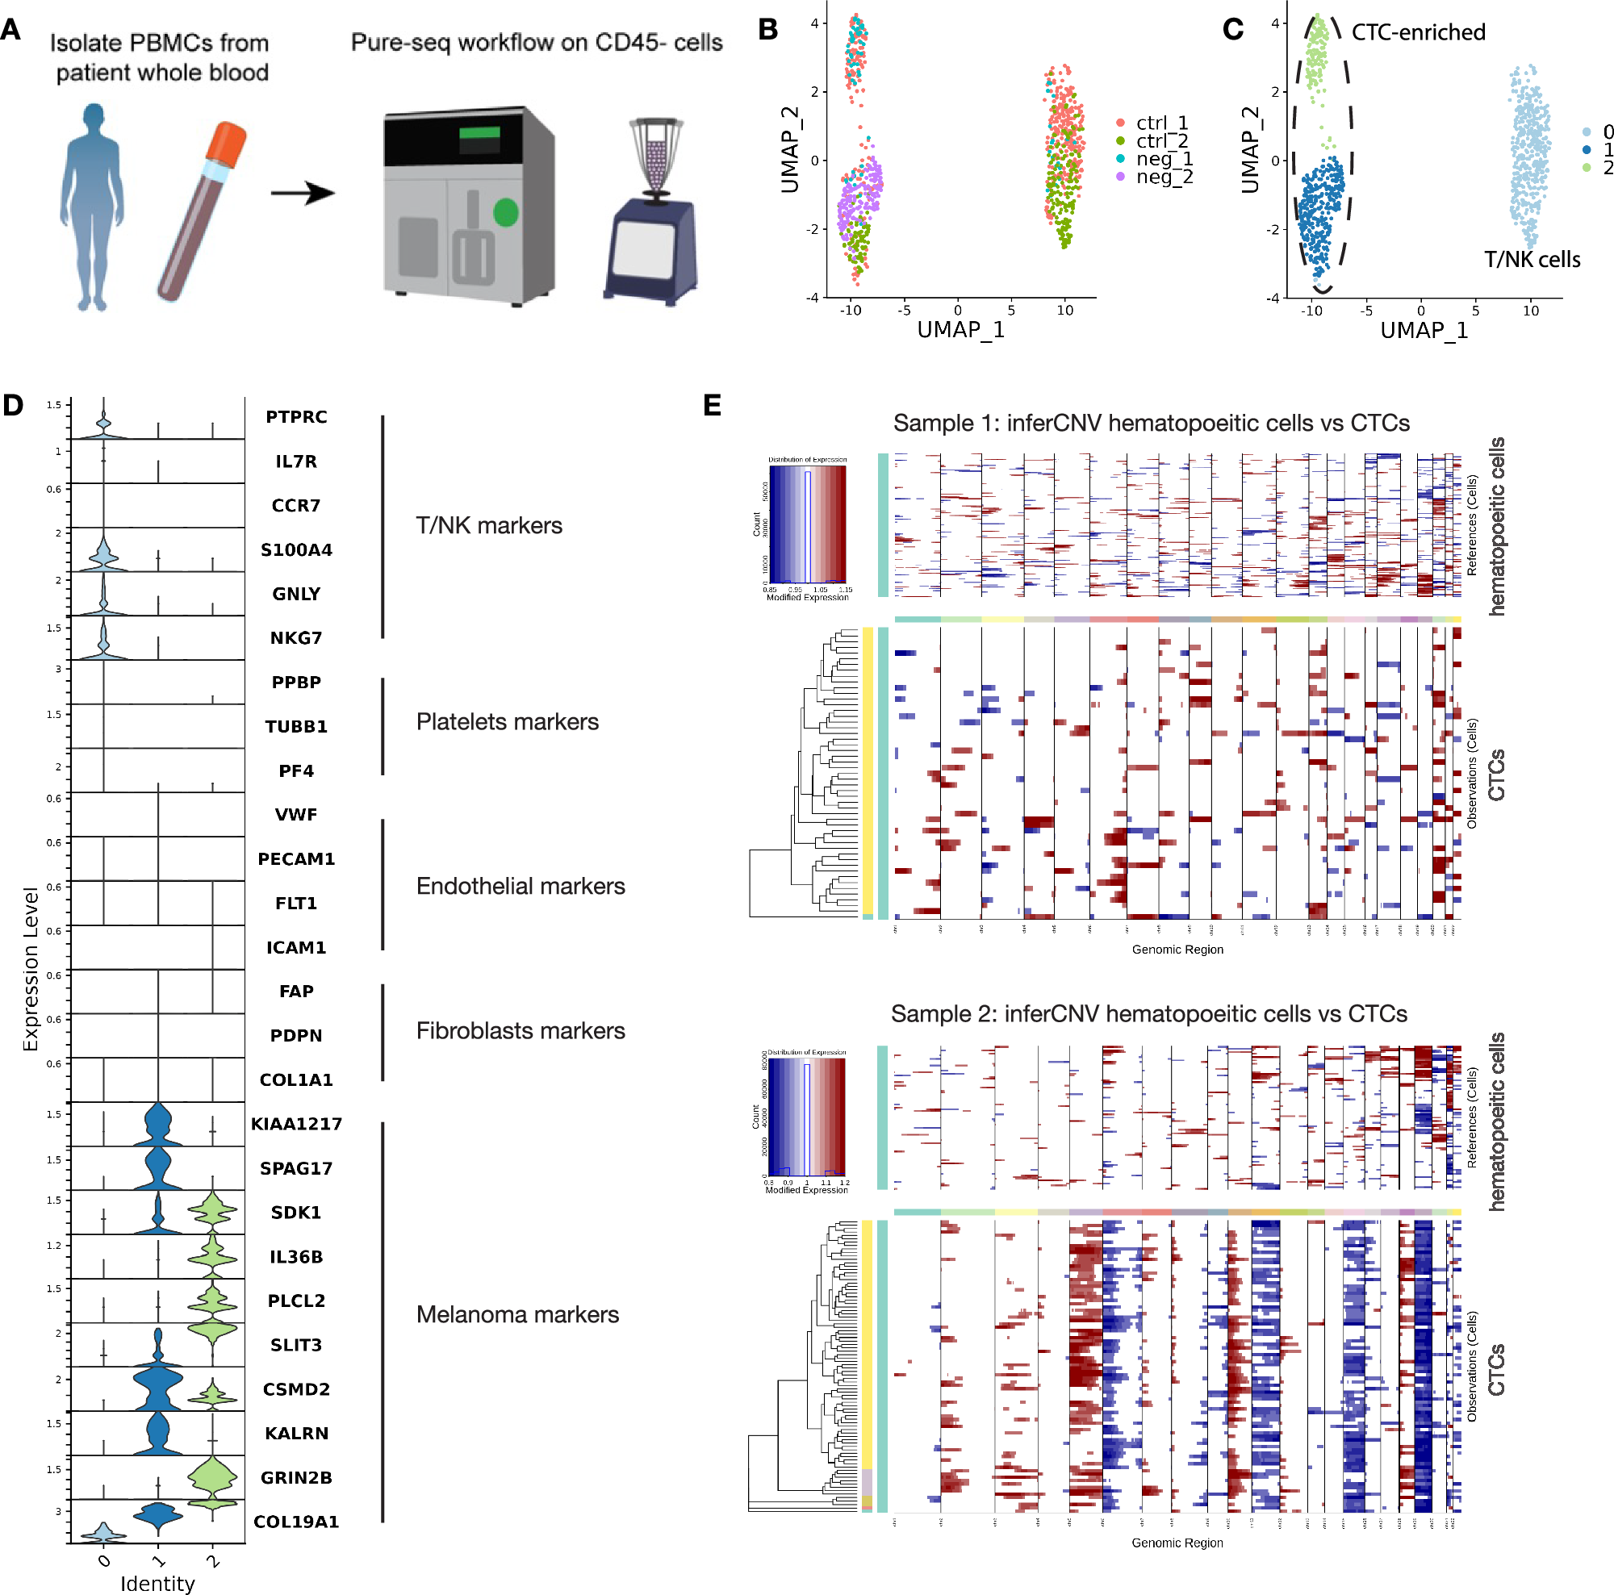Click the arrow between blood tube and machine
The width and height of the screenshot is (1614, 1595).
tap(303, 194)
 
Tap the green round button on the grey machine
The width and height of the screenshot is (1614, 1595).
tap(505, 212)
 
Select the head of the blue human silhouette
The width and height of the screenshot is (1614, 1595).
tap(94, 116)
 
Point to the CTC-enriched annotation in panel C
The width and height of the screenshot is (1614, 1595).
tap(1418, 32)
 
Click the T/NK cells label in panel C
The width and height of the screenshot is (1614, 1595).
tap(1532, 260)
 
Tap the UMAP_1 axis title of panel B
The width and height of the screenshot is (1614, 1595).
tap(960, 330)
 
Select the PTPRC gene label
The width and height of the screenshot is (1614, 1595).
tap(295, 417)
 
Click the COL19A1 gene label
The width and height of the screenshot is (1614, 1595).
tap(295, 1522)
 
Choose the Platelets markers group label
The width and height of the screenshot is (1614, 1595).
tap(507, 721)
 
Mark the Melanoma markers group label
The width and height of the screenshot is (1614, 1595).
tap(517, 1314)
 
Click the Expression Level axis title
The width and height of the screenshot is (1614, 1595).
tap(31, 969)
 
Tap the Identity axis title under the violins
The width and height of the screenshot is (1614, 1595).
tap(157, 1584)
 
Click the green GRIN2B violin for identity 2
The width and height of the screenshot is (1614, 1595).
tap(212, 1478)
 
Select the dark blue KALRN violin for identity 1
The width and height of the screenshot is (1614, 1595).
tap(158, 1433)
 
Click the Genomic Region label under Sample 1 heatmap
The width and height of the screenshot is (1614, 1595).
tap(1177, 950)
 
